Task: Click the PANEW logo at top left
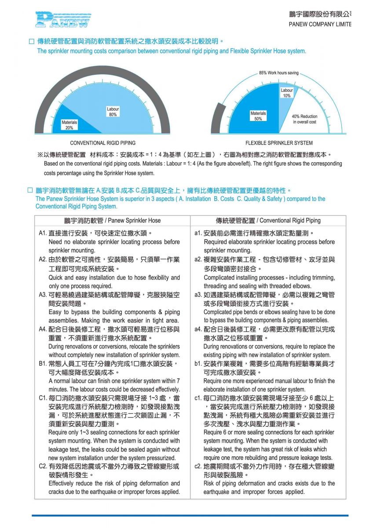click(x=62, y=19)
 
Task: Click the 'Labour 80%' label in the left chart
click(x=113, y=111)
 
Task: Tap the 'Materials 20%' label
click(x=69, y=125)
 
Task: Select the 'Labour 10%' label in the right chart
click(x=287, y=93)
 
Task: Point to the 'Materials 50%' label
click(x=258, y=116)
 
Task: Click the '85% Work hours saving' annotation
click(x=278, y=73)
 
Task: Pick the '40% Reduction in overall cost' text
click(x=305, y=119)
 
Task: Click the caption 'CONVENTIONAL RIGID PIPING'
click(x=103, y=143)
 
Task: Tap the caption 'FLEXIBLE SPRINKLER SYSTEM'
click(x=279, y=143)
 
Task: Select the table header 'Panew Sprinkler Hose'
click(x=113, y=220)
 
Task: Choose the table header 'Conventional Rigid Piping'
click(x=268, y=220)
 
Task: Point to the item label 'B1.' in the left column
click(x=43, y=364)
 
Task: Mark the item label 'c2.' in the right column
click(x=198, y=466)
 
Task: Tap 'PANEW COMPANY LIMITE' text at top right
click(x=320, y=24)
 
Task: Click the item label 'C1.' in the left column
click(x=43, y=398)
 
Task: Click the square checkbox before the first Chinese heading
click(x=31, y=41)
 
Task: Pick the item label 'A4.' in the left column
click(x=43, y=329)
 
